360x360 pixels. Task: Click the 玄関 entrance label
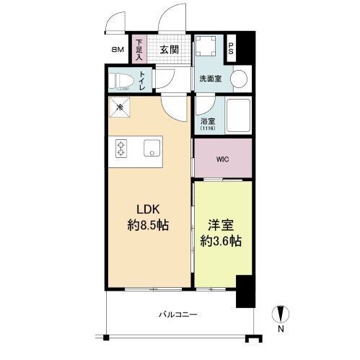point(170,50)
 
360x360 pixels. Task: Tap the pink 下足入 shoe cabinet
point(139,50)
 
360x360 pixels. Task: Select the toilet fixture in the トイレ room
point(121,82)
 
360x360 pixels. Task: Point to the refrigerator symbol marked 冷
point(120,107)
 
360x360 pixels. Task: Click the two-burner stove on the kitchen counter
point(121,149)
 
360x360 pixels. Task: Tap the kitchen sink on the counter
point(152,148)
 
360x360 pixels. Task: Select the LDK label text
point(148,209)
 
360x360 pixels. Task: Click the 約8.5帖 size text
point(148,226)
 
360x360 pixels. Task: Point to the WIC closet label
point(222,159)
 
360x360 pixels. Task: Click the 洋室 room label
point(221,225)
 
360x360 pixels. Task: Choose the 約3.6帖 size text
point(221,241)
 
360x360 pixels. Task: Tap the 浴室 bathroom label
point(208,121)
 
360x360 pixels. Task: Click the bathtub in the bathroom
point(238,115)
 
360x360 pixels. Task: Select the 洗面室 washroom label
point(211,79)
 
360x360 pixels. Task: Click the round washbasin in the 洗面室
point(239,79)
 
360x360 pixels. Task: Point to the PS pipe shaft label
point(231,48)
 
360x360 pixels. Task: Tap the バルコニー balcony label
point(178,315)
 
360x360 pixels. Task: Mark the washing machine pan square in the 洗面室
point(205,45)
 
